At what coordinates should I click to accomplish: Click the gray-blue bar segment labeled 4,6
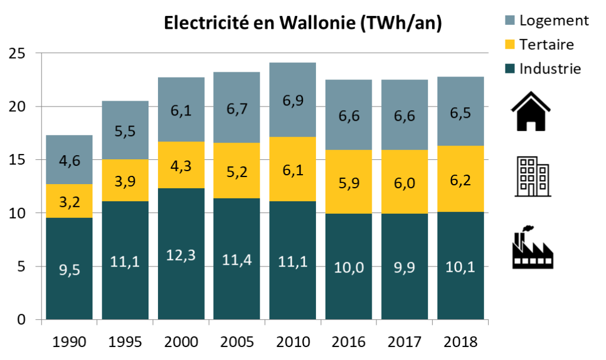[69, 159]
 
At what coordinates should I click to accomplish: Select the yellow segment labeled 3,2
[69, 201]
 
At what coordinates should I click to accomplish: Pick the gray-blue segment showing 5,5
[125, 130]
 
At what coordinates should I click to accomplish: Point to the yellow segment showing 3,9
[125, 181]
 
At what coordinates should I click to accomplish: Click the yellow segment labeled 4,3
[181, 165]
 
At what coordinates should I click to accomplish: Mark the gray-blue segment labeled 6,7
[237, 108]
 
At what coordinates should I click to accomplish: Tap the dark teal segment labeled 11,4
[237, 259]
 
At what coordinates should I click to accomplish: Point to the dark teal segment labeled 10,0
[349, 266]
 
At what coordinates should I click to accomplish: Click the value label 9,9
[404, 268]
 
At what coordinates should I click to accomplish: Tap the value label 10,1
[460, 268]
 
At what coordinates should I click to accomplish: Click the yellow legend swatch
[510, 44]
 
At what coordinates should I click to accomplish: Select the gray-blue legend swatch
[510, 20]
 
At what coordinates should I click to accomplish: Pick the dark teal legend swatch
[510, 69]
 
